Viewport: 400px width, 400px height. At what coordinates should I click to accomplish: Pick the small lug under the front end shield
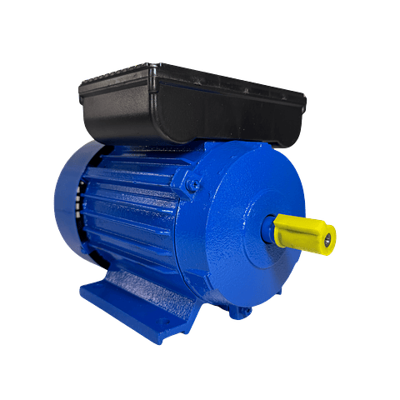point(242,312)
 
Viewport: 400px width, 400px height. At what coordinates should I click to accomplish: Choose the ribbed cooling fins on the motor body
point(133,204)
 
